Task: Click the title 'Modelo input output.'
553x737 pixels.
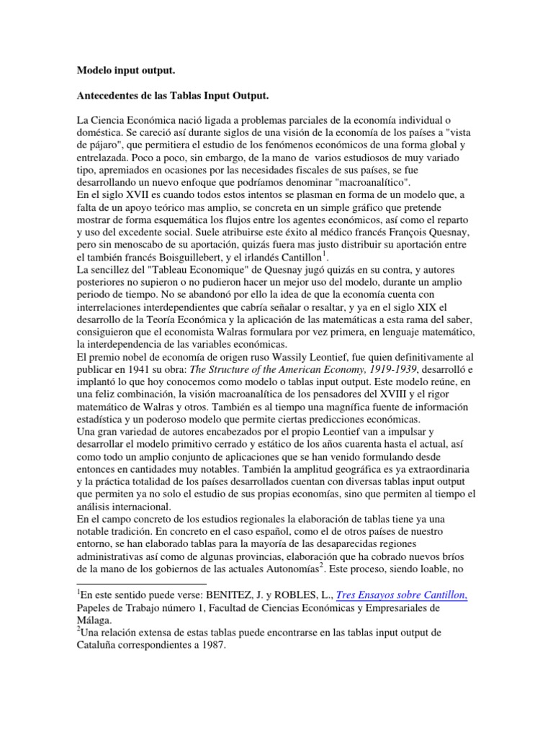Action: [126, 72]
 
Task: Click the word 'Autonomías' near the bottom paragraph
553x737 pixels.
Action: [286, 568]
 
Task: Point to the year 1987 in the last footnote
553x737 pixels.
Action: [212, 646]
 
